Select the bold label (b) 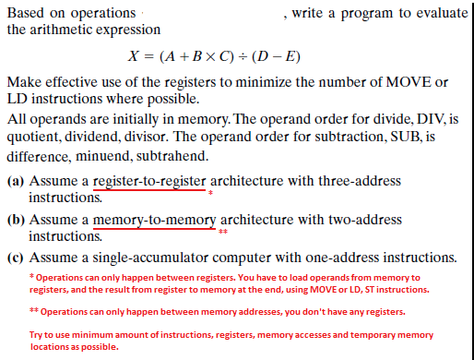[x=16, y=221]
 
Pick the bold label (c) [x=16, y=257]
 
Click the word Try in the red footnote [x=39, y=334]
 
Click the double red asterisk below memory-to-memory [x=223, y=233]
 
